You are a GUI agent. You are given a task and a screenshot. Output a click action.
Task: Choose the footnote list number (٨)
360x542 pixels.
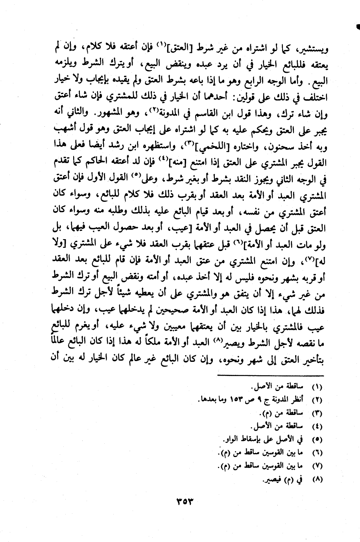[317, 480]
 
